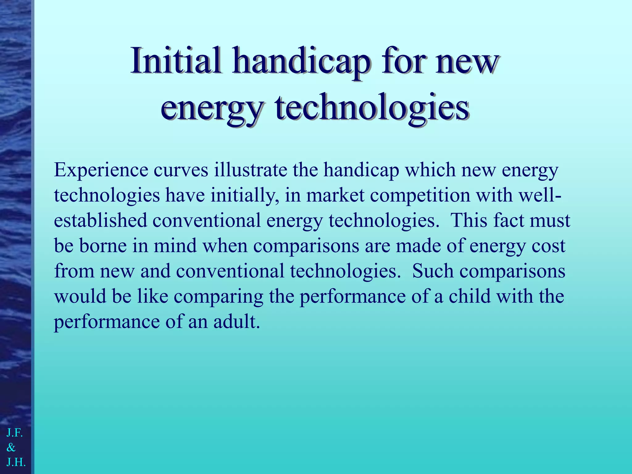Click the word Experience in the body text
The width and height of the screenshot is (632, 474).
101,171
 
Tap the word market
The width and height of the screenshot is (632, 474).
335,195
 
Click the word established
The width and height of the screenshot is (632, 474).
100,221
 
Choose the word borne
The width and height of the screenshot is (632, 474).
103,246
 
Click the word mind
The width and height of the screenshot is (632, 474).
175,246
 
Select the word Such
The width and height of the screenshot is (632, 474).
433,271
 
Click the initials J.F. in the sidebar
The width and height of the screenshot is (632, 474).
15,433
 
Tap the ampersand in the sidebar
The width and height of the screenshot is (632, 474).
11,447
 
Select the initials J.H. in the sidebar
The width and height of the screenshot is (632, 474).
16,462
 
